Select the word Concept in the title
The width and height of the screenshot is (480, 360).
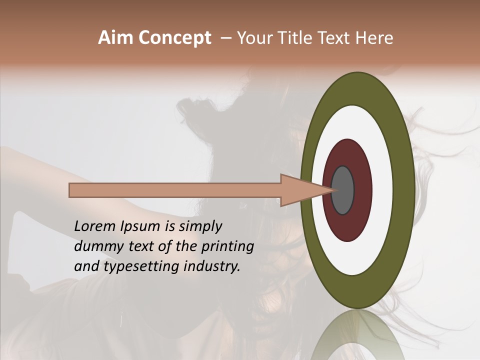click(174, 38)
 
